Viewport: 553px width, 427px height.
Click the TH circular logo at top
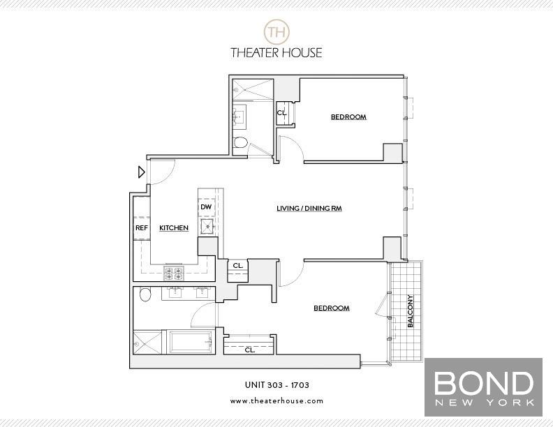coord(276,31)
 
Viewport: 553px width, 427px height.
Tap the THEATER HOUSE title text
coord(276,52)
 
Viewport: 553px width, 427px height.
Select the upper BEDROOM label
coord(348,117)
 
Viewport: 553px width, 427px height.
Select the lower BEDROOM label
coord(331,308)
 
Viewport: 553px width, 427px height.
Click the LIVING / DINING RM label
coord(309,209)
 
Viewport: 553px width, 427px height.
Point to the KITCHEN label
coord(174,228)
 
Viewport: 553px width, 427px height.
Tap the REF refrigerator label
coord(142,228)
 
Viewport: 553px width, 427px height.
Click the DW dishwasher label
coord(206,207)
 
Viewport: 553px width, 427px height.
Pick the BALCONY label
coord(411,311)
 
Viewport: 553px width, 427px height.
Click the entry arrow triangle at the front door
coord(141,172)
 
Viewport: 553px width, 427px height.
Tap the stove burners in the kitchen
coord(173,274)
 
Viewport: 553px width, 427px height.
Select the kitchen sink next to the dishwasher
coord(207,227)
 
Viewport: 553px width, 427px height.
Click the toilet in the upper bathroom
coord(240,143)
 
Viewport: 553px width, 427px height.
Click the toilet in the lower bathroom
coord(145,294)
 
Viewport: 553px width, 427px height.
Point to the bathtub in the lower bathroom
coord(190,343)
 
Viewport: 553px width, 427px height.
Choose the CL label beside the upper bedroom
coord(281,113)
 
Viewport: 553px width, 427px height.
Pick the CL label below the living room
coord(237,265)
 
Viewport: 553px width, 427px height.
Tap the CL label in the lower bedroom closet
coord(249,350)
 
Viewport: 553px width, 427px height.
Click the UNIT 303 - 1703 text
coord(276,385)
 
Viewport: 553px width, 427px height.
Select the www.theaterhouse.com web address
coord(276,401)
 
